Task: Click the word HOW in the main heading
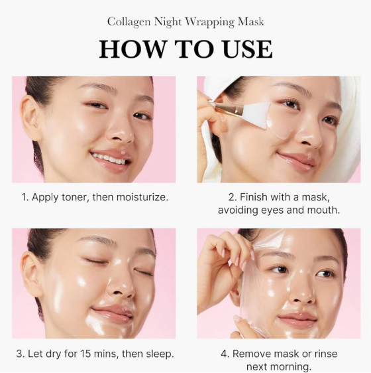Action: click(x=130, y=49)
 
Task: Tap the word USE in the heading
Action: click(x=243, y=49)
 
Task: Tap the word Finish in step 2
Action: click(x=256, y=197)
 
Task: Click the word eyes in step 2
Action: click(x=279, y=210)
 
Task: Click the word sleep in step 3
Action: click(x=159, y=354)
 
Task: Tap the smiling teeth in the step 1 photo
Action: click(x=109, y=158)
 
